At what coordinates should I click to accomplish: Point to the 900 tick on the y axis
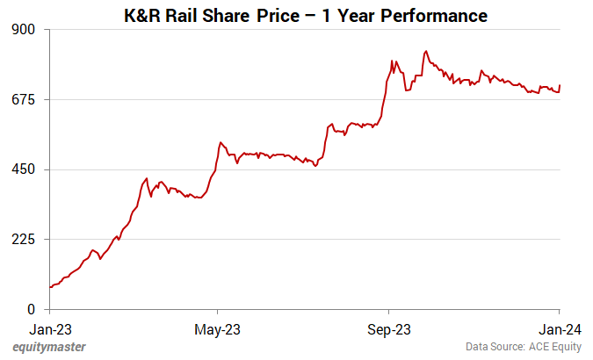(24, 30)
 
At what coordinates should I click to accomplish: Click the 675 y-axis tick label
(24, 100)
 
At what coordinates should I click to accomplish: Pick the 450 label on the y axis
(24, 169)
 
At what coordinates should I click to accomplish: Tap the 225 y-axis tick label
(24, 240)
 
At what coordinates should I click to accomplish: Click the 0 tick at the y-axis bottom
(31, 309)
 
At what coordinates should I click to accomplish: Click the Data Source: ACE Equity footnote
(524, 347)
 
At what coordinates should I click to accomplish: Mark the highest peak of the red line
(425, 51)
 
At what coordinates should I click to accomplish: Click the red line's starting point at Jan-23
(51, 287)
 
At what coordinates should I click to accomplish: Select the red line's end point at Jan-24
(560, 85)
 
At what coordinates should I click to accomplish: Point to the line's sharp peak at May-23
(221, 142)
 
